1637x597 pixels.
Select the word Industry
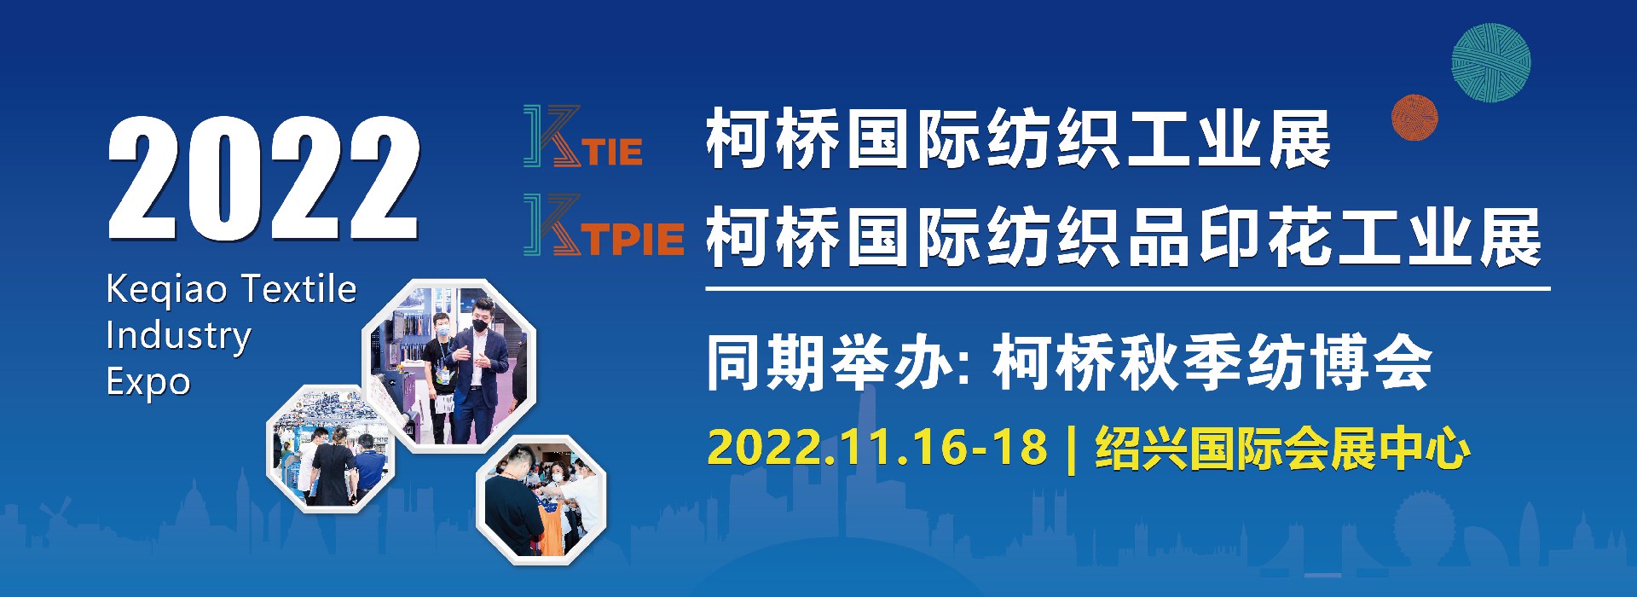coord(178,337)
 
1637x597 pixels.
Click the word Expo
coord(148,383)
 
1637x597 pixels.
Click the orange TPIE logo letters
coord(634,239)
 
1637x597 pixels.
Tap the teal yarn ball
coord(1491,63)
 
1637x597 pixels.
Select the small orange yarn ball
coord(1414,118)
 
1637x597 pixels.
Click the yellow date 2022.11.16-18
coord(877,448)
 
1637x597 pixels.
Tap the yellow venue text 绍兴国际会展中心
coord(1283,449)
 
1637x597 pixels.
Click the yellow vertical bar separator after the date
coord(1072,449)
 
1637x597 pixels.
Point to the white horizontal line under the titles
coord(1127,289)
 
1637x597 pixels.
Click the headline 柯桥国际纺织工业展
coord(1019,140)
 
